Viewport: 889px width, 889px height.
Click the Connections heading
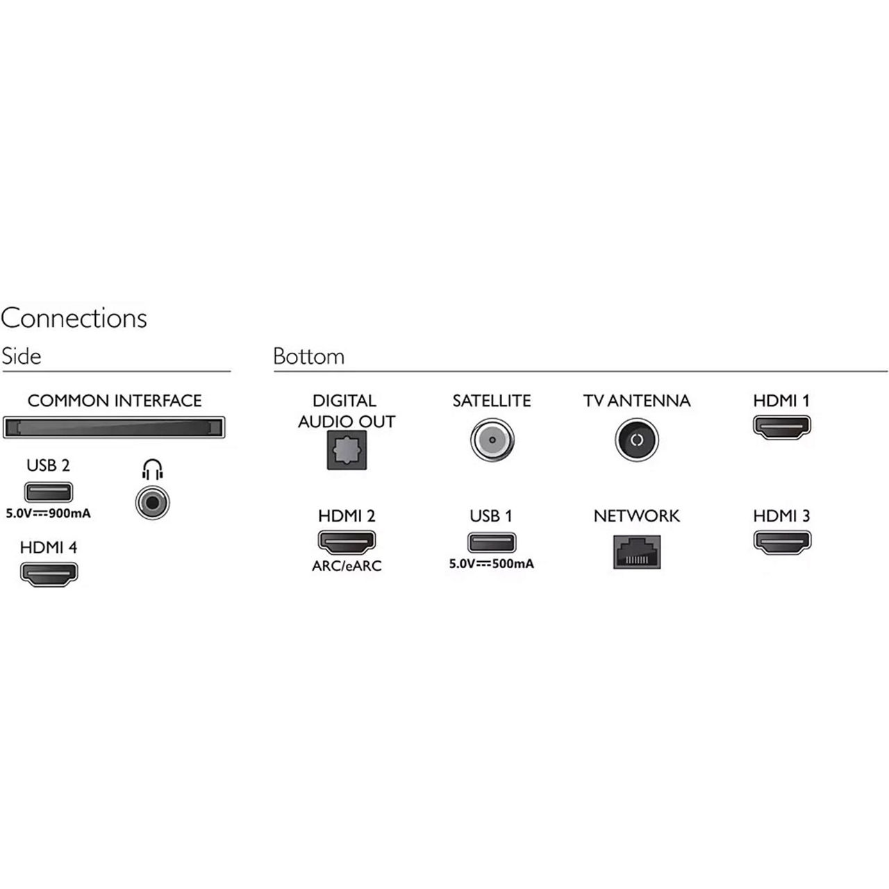pos(74,318)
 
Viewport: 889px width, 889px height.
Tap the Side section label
pos(22,356)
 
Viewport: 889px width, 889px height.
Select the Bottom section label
pos(308,356)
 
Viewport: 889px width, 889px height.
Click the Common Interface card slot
pos(114,427)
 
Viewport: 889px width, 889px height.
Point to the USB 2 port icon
pos(49,492)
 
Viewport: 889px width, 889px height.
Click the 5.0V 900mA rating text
pos(49,515)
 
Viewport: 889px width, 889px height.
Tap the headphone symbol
pos(152,470)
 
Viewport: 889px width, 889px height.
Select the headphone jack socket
pos(152,502)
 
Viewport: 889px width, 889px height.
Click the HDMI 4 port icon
pos(49,574)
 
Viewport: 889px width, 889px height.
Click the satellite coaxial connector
pos(491,440)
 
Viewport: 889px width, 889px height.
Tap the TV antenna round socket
pos(636,440)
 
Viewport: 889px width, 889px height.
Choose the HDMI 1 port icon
pos(781,426)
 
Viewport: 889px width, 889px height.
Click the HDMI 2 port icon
pos(347,542)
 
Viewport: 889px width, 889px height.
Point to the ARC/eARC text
pos(347,566)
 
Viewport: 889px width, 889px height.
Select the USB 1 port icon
pos(491,542)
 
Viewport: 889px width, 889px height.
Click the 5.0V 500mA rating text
pos(491,564)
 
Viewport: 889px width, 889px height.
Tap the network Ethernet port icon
pos(636,551)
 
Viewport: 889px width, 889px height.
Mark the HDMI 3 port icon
pos(781,542)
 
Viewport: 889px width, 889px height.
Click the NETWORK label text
pos(636,516)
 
